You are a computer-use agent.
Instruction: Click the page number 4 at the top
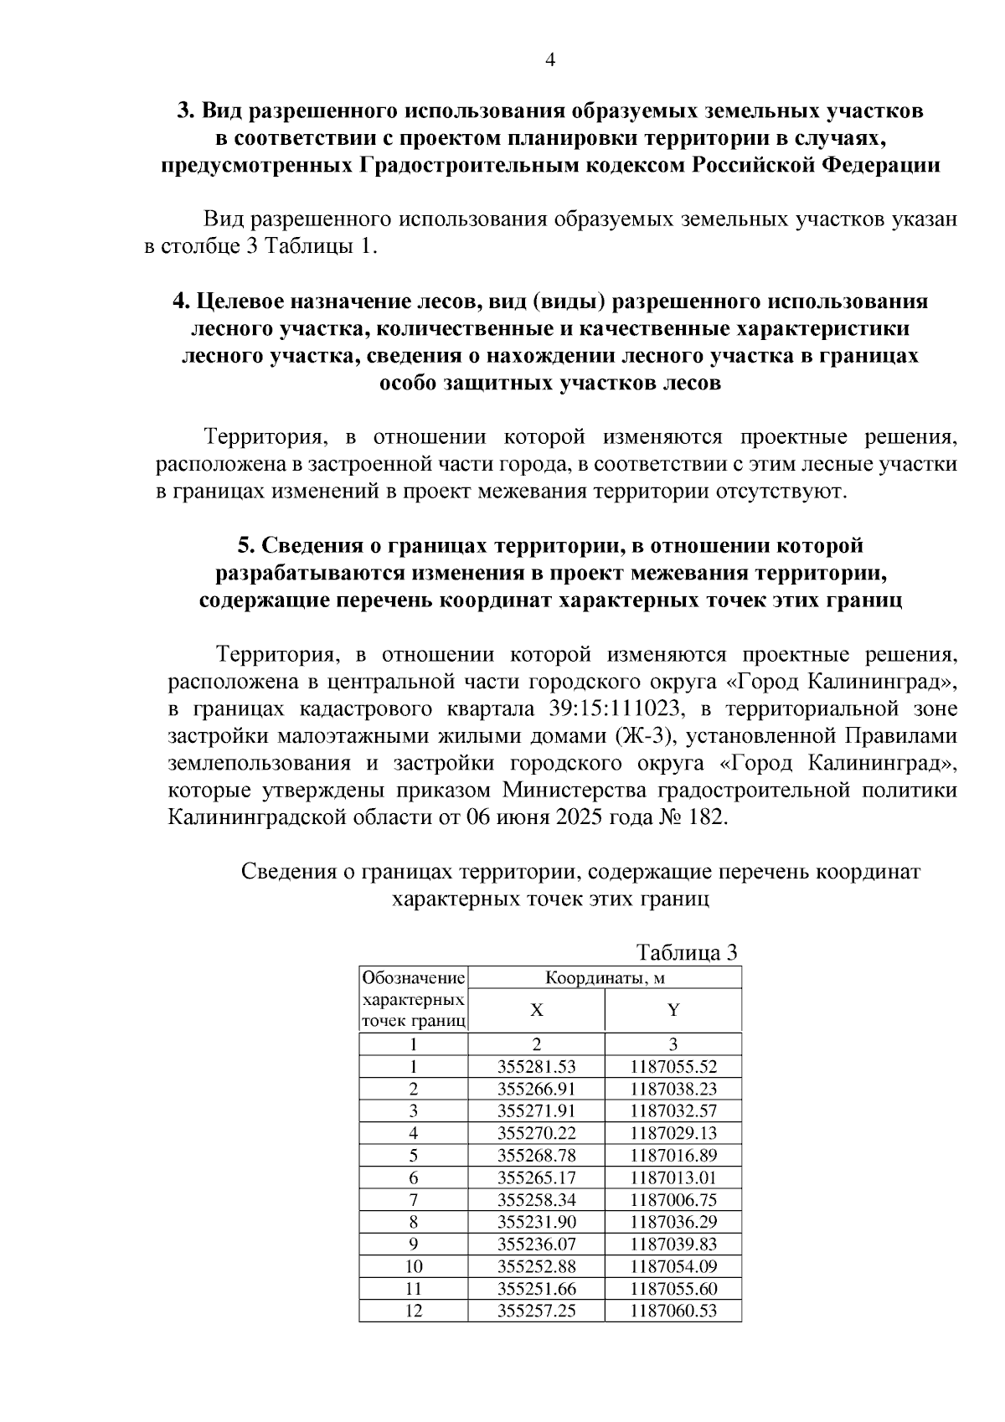[550, 59]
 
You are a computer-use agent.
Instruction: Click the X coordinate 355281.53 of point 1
[536, 1067]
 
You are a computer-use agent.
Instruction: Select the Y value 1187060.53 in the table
[673, 1311]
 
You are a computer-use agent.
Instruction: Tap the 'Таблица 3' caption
[687, 952]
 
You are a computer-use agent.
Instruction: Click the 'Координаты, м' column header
[605, 977]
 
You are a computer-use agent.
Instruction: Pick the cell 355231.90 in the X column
[536, 1222]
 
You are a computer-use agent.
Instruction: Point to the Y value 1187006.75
[673, 1199]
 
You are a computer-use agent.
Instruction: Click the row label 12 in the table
[413, 1311]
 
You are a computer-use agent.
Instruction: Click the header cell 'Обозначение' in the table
[413, 978]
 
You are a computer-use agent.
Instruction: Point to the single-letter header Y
[673, 1010]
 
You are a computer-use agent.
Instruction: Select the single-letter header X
[536, 1010]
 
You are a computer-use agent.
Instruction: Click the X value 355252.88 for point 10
[536, 1266]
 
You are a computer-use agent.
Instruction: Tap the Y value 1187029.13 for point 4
[673, 1133]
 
